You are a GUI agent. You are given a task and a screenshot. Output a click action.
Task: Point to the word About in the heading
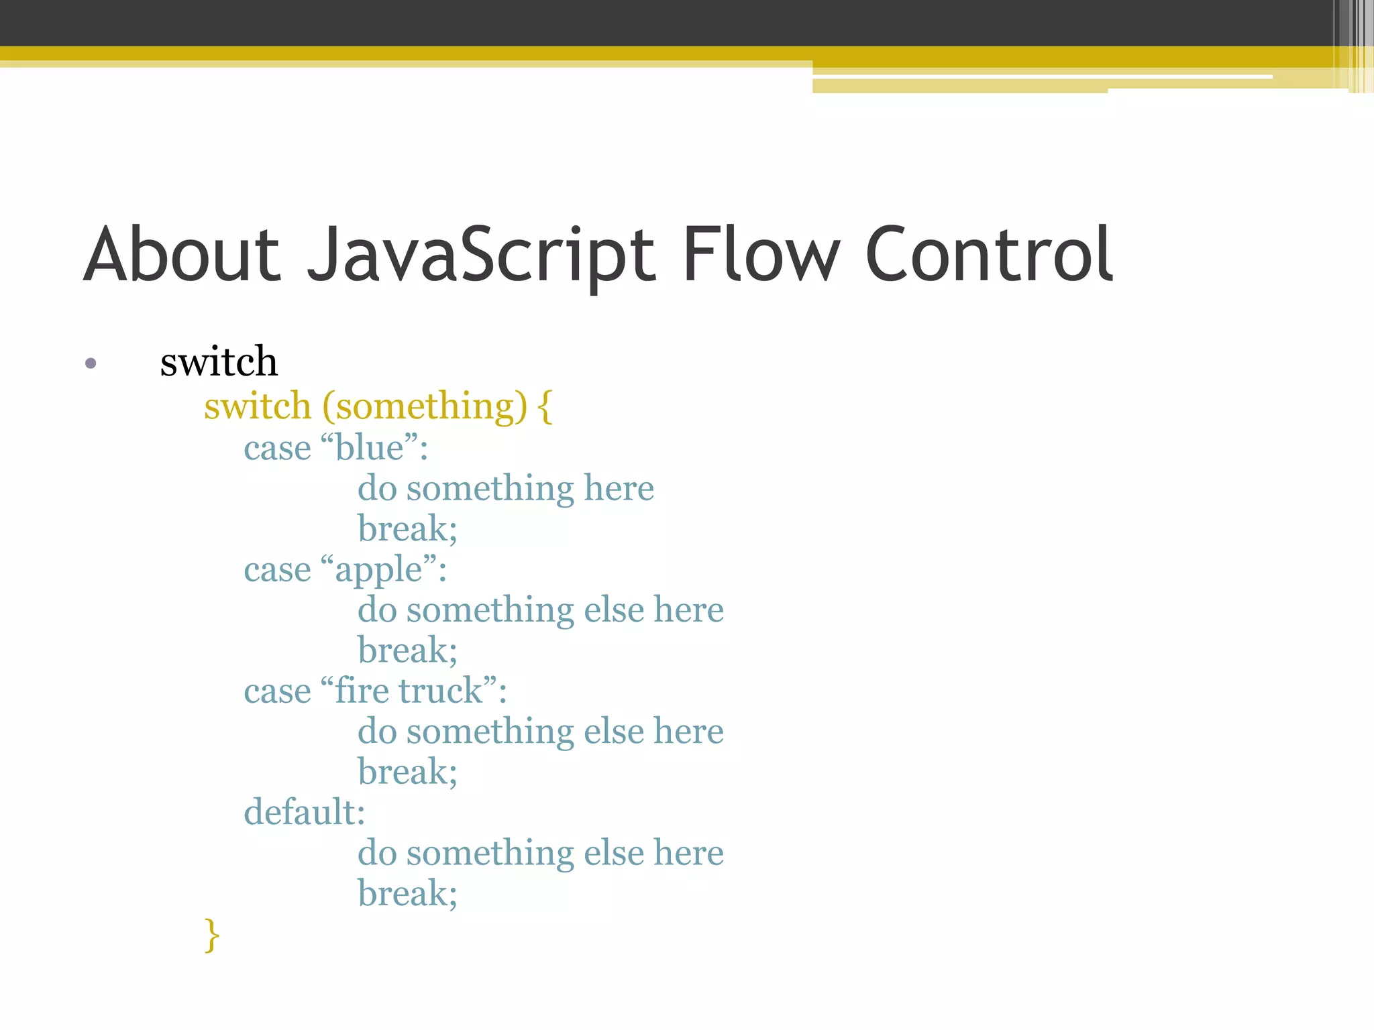point(182,255)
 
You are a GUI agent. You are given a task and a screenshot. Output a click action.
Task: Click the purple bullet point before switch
point(91,364)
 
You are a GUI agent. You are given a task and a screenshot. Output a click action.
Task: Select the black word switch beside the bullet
point(219,361)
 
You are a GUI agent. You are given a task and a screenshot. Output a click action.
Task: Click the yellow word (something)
point(425,406)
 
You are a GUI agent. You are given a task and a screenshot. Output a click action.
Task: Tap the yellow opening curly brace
point(545,406)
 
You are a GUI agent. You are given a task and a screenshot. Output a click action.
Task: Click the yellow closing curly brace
point(212,935)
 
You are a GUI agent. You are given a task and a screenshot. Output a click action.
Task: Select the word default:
point(305,812)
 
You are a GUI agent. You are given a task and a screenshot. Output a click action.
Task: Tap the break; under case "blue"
point(407,528)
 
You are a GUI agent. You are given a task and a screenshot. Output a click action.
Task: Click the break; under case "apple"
point(407,650)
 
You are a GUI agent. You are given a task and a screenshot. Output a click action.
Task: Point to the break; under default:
point(407,893)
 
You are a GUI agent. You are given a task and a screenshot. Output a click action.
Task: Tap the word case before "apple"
point(277,570)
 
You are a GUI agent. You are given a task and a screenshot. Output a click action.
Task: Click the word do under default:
point(377,853)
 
